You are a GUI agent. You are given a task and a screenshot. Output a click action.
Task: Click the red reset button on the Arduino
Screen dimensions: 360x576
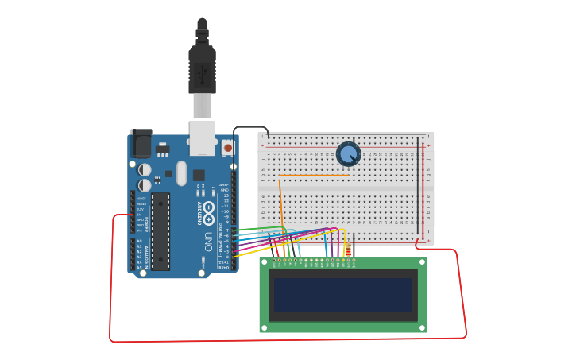228,148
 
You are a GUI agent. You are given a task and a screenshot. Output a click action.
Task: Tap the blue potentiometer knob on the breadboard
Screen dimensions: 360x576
348,153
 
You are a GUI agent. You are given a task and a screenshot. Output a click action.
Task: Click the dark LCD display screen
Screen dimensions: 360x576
343,294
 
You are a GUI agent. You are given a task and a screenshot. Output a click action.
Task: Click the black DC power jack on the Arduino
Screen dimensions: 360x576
141,144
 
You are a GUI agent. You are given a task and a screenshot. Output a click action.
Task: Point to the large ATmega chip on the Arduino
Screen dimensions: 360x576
160,231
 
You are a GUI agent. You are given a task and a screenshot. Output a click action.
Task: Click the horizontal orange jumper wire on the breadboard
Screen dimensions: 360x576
314,176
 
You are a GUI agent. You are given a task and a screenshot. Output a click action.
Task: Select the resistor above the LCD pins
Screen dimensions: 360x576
347,251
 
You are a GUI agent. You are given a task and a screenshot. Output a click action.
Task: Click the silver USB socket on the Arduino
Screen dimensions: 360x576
203,137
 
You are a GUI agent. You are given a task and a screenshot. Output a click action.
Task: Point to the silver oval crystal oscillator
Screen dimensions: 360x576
181,173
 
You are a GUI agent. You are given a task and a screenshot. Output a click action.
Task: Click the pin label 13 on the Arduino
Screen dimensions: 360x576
226,195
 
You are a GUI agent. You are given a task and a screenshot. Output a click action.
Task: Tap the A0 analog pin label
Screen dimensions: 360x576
139,241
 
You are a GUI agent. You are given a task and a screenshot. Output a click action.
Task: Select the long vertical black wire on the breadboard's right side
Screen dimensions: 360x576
418,187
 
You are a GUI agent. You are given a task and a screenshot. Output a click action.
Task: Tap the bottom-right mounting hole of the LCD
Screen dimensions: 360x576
422,327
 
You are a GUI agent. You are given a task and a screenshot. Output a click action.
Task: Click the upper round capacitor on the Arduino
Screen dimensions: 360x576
145,169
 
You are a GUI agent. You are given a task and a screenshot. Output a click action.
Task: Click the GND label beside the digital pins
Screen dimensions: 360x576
225,190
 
